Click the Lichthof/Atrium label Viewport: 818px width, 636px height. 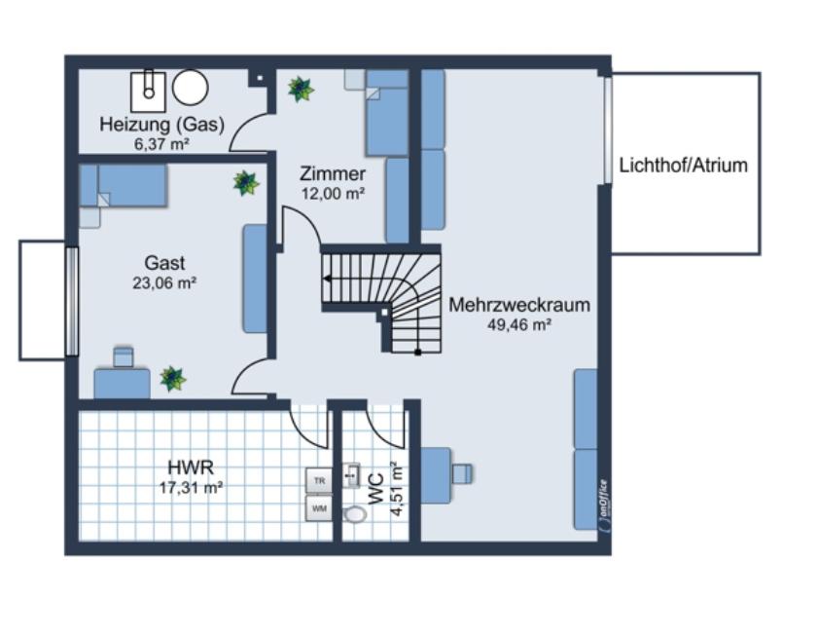[683, 165]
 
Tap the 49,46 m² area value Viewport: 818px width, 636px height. [519, 325]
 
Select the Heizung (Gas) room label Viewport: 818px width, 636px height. [161, 125]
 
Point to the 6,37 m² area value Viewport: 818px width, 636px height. [161, 143]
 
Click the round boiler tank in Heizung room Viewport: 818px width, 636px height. [191, 88]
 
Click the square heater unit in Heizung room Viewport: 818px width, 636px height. [147, 90]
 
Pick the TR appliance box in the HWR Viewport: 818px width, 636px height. [319, 480]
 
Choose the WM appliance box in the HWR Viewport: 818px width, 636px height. [319, 507]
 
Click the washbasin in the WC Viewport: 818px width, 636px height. [351, 475]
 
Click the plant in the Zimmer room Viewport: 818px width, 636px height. [301, 90]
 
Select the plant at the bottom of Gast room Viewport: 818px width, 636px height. [173, 378]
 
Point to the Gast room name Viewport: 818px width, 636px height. [164, 263]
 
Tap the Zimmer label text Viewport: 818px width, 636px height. [333, 174]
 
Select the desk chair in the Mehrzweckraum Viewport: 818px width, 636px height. [462, 474]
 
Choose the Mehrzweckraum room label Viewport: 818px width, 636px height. [519, 305]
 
